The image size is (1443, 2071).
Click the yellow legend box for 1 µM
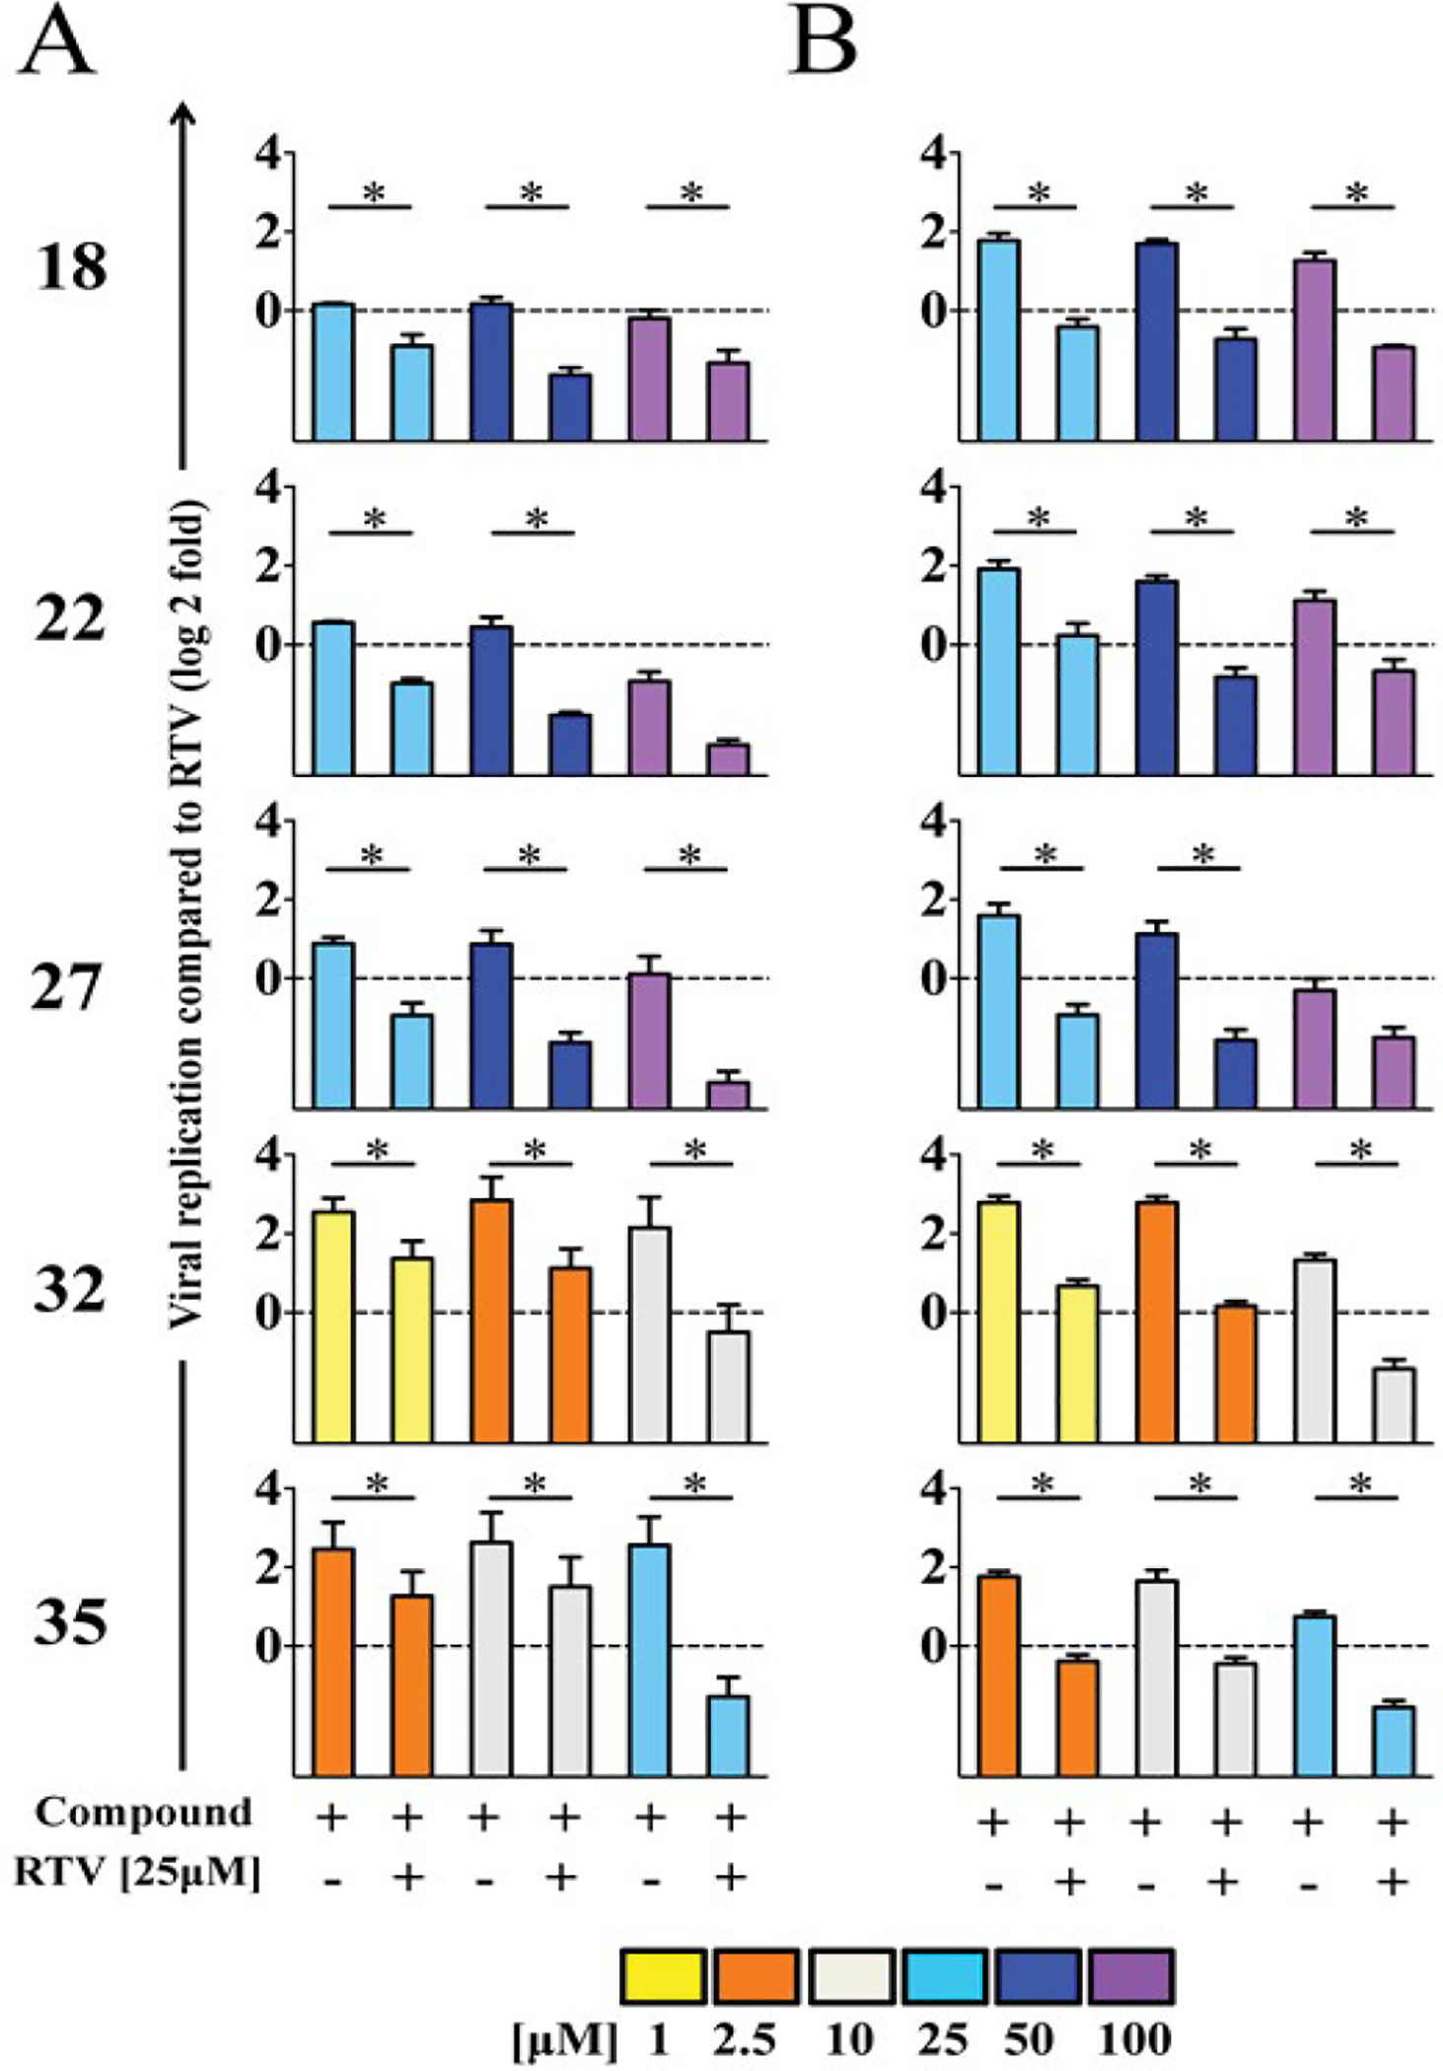[x=663, y=1975]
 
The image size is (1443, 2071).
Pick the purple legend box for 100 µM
[x=1130, y=1975]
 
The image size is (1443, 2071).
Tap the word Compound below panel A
[x=144, y=1812]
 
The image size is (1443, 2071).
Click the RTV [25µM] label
[x=138, y=1873]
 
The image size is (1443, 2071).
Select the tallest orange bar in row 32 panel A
[x=491, y=1321]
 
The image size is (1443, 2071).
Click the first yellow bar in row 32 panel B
[x=998, y=1321]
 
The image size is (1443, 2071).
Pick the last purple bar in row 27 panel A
[x=729, y=1095]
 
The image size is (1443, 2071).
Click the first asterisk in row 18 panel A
[x=374, y=192]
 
